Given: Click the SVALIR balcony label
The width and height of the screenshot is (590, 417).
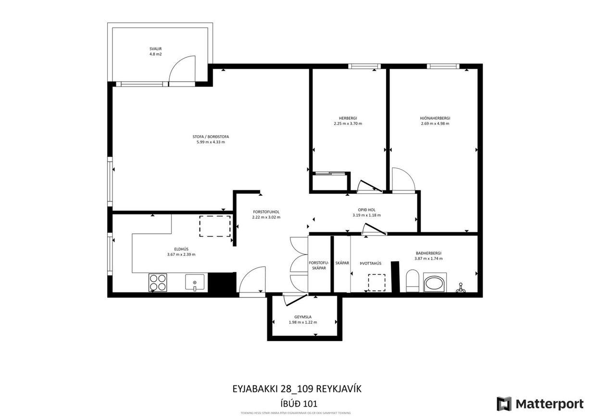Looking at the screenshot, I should coord(156,49).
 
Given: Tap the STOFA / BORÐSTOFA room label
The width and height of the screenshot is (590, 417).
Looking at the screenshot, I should coord(208,137).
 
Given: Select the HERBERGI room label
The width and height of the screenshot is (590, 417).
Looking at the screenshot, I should coord(348,118).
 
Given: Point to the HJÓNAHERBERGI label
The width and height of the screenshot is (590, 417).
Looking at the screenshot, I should coord(435,118).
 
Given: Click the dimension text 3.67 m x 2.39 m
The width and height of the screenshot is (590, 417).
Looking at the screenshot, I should coord(181,254).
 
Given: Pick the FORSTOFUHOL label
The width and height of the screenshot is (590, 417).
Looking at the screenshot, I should coord(266,212).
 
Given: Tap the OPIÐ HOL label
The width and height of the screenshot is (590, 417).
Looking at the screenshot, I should coord(366,210).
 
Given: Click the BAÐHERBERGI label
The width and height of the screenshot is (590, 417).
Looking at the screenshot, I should coord(428,253).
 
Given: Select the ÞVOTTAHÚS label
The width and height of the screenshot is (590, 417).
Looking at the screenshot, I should coord(370,263).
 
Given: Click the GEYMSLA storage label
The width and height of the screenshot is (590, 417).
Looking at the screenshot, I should coord(303,317).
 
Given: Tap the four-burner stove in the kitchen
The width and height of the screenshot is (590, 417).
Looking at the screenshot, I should coord(158,282).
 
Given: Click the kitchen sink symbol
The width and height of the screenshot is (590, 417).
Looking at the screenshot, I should coord(195,282).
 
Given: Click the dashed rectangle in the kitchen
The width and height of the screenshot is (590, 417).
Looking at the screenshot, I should coord(215,227).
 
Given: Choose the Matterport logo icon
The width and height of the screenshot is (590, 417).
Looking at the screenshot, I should coord(504,404).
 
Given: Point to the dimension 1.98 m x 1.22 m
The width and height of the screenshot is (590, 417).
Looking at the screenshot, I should coord(303,322).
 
